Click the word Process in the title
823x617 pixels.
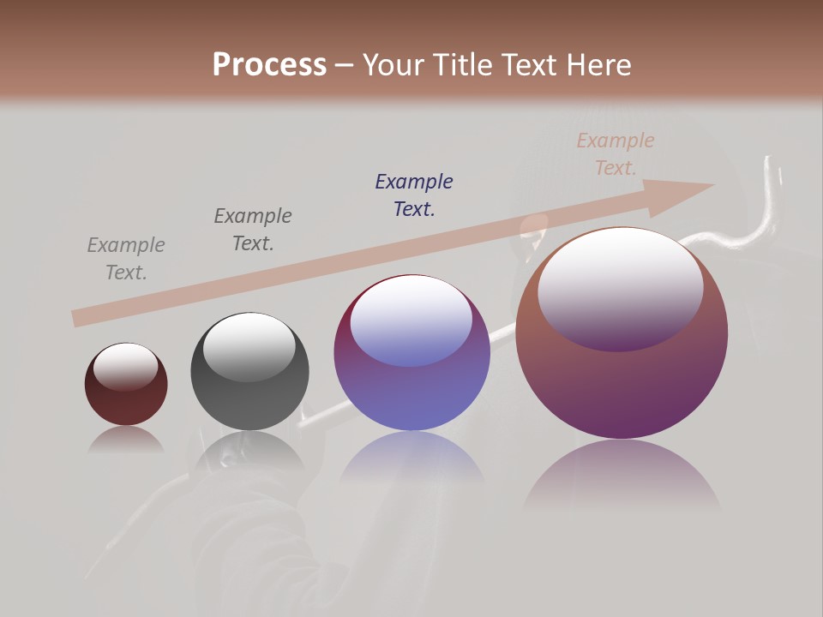tap(269, 65)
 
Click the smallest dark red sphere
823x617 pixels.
tap(126, 394)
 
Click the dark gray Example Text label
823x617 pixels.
tap(253, 230)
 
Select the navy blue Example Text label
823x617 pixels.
tap(414, 195)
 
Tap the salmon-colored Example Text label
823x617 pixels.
tap(616, 154)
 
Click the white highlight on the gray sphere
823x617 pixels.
tap(249, 345)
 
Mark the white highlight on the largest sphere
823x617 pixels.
tap(620, 287)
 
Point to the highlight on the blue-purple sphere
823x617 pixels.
tap(411, 321)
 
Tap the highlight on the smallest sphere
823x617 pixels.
tap(125, 366)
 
